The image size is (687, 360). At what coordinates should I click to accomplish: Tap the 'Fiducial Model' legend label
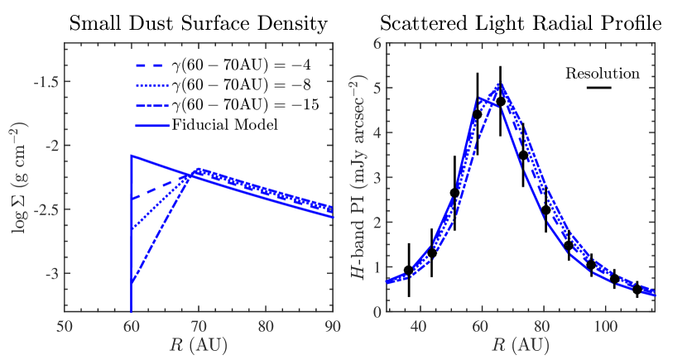tap(224, 125)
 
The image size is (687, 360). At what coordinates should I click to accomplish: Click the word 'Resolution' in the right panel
tap(603, 73)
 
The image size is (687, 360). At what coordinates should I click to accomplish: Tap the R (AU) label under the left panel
tap(199, 343)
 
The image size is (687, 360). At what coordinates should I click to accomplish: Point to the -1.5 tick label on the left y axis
tap(41, 82)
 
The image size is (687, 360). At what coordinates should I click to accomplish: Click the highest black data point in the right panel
tap(500, 101)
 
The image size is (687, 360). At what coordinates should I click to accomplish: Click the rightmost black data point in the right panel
tap(637, 289)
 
